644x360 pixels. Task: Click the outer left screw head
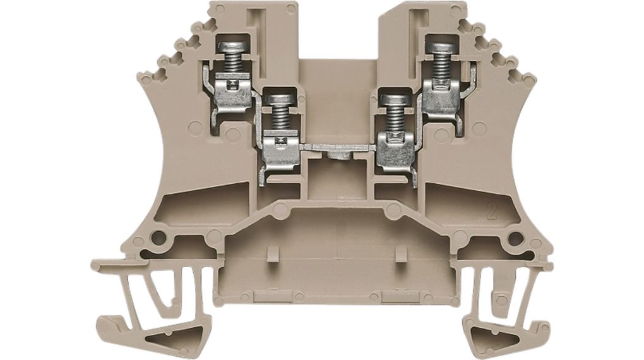click(231, 45)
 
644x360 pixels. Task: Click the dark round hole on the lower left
click(159, 238)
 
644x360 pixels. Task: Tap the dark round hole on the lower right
click(515, 238)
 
